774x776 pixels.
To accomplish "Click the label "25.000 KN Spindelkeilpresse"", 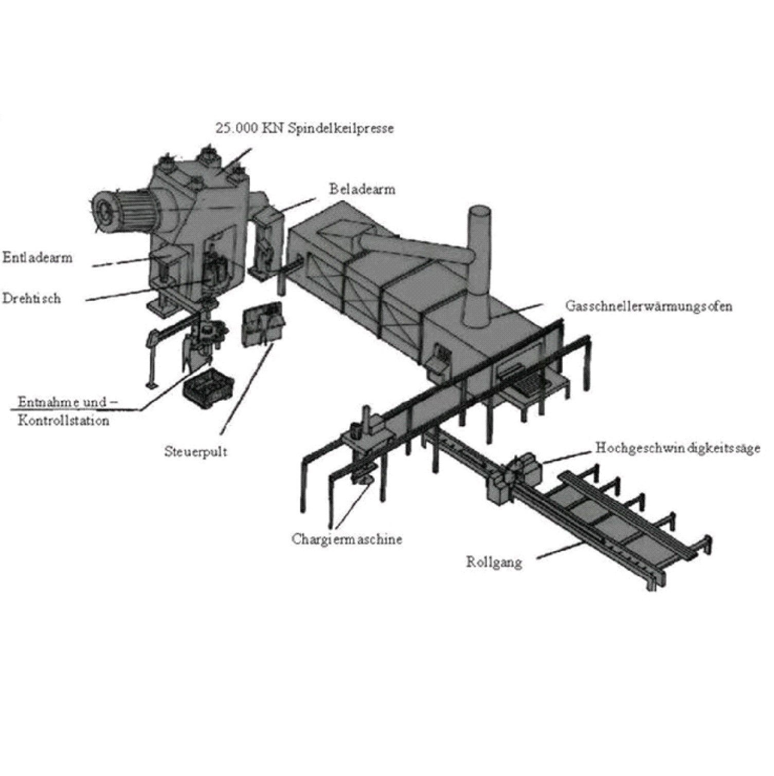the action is (x=304, y=128).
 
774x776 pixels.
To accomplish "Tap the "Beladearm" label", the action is (x=362, y=189).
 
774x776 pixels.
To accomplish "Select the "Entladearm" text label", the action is (x=38, y=257).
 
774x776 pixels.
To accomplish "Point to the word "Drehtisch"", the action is (x=31, y=298).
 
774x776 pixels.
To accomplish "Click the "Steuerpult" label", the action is (x=195, y=452).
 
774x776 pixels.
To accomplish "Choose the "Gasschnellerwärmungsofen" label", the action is (x=649, y=306).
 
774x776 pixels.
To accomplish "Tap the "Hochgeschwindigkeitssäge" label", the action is (x=677, y=448).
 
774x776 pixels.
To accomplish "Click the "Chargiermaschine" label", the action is (x=347, y=539).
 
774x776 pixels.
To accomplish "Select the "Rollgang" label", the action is (x=494, y=562).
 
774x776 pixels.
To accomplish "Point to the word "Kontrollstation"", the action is (x=63, y=420).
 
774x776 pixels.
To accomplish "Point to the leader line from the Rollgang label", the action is (x=562, y=550).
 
